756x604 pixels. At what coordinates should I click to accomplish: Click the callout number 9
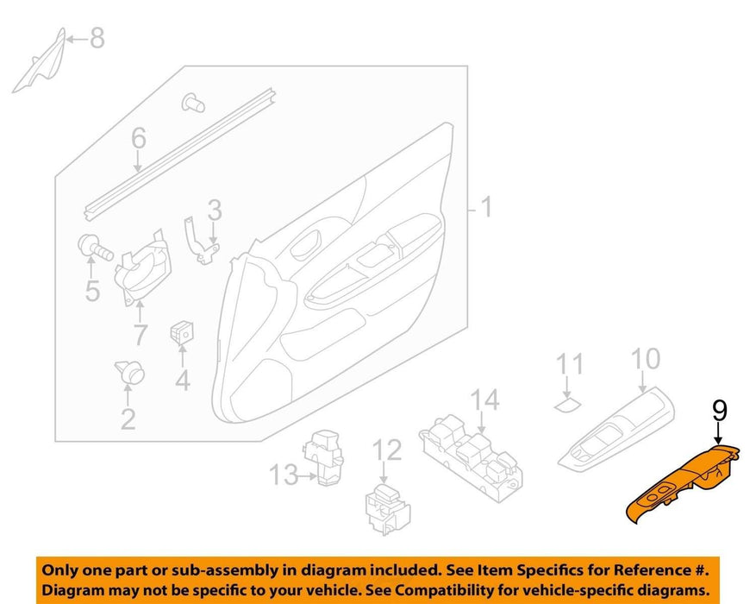tap(719, 411)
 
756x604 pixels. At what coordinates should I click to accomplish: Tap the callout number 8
tap(97, 38)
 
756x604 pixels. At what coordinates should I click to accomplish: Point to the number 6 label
tap(139, 138)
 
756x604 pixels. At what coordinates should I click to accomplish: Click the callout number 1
tap(487, 206)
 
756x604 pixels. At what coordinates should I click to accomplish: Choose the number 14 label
tap(484, 400)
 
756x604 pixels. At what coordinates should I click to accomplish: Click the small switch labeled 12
tap(388, 509)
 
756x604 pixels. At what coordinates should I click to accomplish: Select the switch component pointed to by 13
tap(323, 456)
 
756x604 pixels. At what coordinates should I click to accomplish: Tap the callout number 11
tap(570, 364)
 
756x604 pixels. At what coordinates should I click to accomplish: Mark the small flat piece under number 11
tap(567, 405)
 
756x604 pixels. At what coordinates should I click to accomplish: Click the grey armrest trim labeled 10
tap(616, 430)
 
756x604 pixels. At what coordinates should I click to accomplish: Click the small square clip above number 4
tap(181, 333)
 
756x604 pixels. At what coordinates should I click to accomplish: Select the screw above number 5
tap(95, 247)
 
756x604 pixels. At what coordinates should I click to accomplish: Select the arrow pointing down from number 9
tap(719, 433)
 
